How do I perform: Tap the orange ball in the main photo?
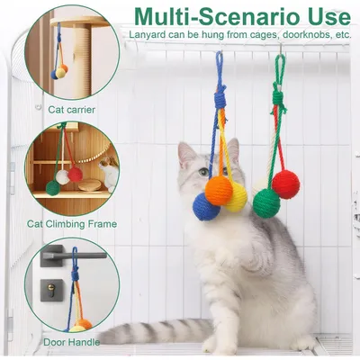pyautogui.click(x=220, y=190)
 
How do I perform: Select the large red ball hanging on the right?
pyautogui.click(x=284, y=185)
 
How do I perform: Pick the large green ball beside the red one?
pyautogui.click(x=265, y=202)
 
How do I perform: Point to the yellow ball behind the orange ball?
pyautogui.click(x=237, y=198)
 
